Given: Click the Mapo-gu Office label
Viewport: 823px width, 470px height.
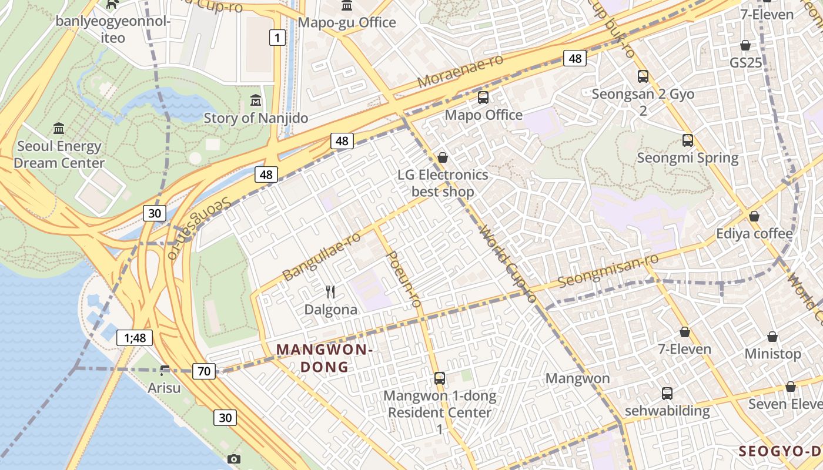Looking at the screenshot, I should [x=347, y=22].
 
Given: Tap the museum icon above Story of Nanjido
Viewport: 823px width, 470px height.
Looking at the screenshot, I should [x=256, y=100].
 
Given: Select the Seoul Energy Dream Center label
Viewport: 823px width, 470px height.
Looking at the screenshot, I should [x=59, y=155].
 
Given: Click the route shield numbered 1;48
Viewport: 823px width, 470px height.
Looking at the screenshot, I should [x=135, y=337].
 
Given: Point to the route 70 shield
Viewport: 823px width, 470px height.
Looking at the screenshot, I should [x=204, y=371].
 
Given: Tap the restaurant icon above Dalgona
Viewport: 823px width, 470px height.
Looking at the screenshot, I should [x=330, y=291].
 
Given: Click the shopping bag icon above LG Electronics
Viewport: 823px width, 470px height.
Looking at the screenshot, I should [x=443, y=157].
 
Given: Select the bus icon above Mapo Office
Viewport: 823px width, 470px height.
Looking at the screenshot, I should [x=483, y=97].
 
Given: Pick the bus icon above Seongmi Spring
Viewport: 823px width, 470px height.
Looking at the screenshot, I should [x=688, y=140].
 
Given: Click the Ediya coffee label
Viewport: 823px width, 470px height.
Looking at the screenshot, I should [x=754, y=233].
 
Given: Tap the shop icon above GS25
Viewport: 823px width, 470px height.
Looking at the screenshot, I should [x=745, y=45].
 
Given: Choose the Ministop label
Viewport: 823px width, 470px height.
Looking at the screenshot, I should [x=772, y=354].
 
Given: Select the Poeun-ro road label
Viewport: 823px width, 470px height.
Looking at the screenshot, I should [x=404, y=280].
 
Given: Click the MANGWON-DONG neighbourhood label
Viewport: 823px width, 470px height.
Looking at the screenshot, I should [x=324, y=358].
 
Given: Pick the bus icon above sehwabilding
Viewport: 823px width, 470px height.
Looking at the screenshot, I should [x=667, y=393].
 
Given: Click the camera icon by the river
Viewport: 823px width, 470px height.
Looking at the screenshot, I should [x=234, y=459].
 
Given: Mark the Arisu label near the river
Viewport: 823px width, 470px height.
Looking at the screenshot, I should [x=164, y=388].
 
